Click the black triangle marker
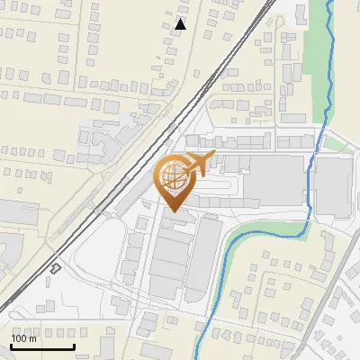[x=181, y=24]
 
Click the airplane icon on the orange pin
[x=199, y=164]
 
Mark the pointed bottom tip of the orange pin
[x=174, y=211]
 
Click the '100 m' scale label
[x=24, y=338]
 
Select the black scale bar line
[x=42, y=346]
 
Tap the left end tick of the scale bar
[x=12, y=345]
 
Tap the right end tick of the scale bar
[x=74, y=345]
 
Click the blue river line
[x=311, y=180]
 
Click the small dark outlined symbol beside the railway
[x=56, y=267]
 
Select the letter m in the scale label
[x=33, y=339]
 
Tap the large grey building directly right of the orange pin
[x=270, y=185]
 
